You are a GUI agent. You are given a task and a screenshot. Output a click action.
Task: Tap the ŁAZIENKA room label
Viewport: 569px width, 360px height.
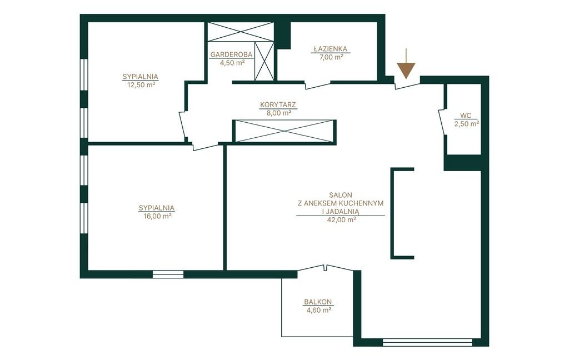tap(331, 49)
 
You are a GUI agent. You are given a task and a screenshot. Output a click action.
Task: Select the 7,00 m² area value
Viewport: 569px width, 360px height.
tap(331, 57)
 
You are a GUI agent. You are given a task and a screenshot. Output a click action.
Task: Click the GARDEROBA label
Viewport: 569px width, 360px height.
tap(232, 54)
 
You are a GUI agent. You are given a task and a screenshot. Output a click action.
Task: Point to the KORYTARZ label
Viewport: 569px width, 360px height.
tap(278, 105)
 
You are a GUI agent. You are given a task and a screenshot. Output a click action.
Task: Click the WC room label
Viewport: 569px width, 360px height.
tap(466, 116)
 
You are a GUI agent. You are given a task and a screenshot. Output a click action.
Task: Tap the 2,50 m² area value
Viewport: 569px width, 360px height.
tap(466, 124)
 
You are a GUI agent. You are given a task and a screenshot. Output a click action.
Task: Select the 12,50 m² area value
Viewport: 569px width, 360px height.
tap(141, 85)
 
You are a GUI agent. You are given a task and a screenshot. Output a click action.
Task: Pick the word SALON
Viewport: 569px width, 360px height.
tap(341, 195)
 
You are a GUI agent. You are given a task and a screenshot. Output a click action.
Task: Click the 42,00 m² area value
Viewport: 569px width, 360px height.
tap(341, 220)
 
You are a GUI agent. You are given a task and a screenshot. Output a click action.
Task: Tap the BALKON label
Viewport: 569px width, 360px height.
tap(318, 302)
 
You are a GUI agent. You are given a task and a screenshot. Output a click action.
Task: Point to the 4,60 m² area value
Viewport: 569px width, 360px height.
tap(318, 311)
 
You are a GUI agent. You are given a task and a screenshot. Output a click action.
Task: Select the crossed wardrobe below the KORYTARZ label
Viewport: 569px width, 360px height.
tap(284, 131)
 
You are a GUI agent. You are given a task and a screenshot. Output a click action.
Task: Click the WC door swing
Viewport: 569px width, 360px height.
tap(442, 122)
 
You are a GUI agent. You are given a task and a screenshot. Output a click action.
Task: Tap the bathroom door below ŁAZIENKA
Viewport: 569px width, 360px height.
tap(318, 86)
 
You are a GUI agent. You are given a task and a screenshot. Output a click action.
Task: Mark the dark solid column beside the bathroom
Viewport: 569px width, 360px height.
tap(282, 35)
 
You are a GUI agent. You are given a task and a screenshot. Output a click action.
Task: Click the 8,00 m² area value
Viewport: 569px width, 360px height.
tap(279, 113)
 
